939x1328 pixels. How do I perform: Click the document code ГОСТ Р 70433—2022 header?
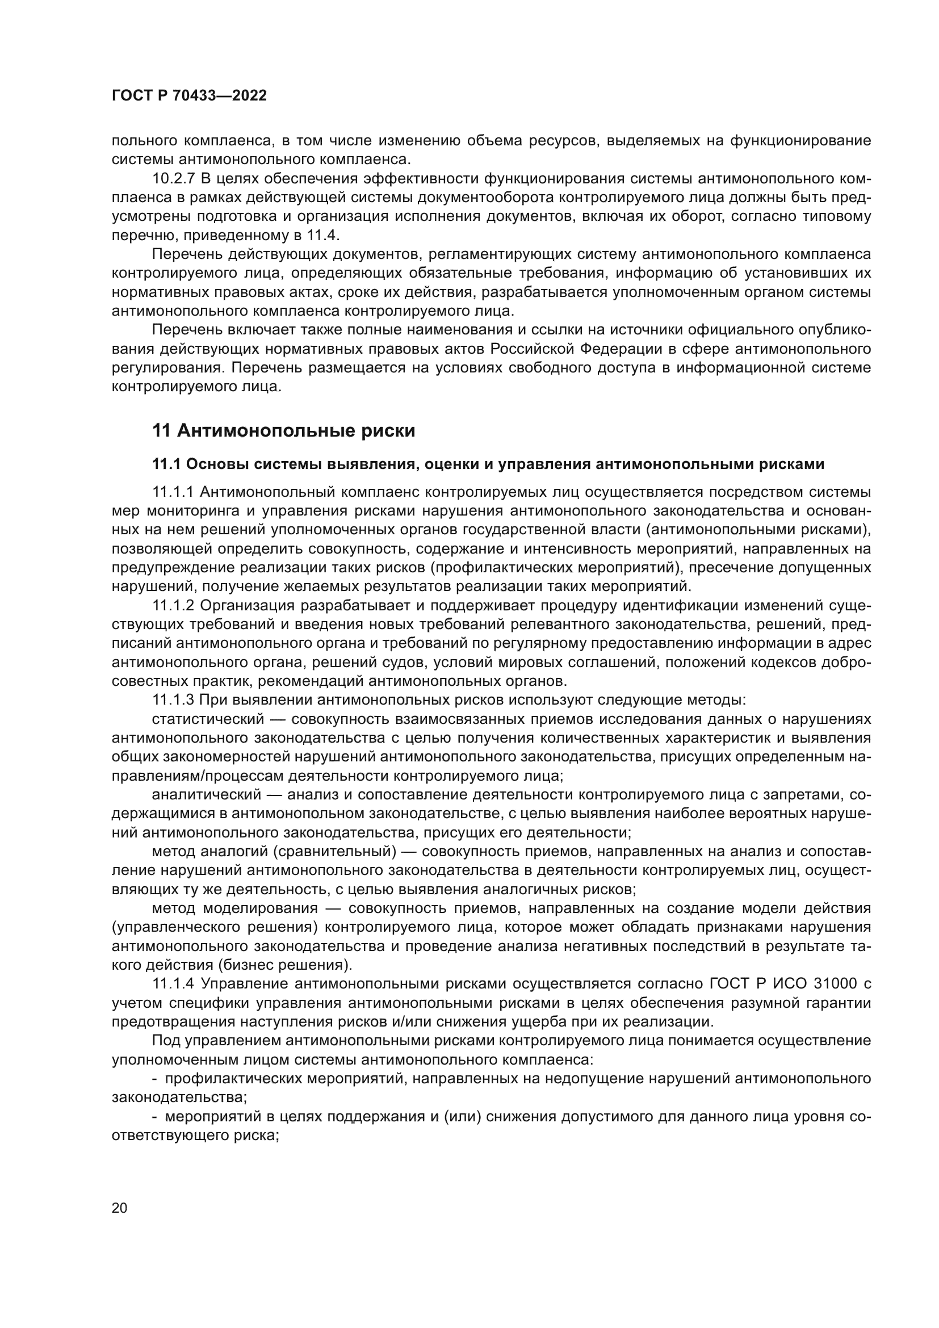coord(189,96)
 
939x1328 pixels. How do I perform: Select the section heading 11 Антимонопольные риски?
coord(283,431)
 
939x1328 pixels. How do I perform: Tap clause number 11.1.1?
coord(173,492)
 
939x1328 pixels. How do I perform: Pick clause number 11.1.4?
coord(173,984)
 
